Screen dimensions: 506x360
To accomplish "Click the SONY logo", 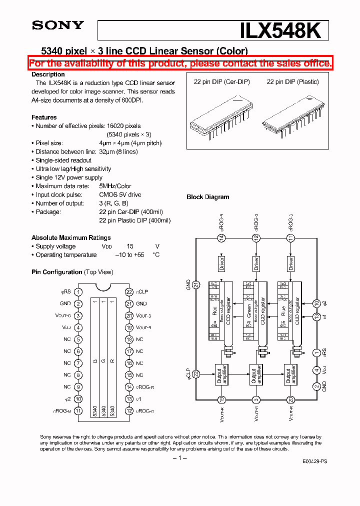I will click(58, 25).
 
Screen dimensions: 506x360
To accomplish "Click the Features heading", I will click(44, 117).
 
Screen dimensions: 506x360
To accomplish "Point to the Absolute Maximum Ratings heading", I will click(71, 238).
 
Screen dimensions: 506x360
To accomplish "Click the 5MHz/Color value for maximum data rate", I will click(115, 186).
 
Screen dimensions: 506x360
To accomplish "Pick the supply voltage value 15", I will click(130, 246).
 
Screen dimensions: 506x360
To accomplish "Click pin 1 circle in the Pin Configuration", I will click(78, 292).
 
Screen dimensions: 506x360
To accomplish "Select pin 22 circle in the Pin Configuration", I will click(129, 292).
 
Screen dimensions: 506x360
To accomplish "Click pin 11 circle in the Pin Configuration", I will click(78, 411).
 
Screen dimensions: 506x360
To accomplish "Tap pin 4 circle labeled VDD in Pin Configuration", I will click(78, 327).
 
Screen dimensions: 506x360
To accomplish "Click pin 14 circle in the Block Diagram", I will click(221, 238).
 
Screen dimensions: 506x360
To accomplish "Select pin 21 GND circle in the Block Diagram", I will click(196, 284).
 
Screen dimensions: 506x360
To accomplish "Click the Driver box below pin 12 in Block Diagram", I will click(256, 263).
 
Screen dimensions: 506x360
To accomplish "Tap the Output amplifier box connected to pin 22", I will click(221, 374).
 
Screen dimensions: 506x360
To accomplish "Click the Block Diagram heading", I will click(207, 197).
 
